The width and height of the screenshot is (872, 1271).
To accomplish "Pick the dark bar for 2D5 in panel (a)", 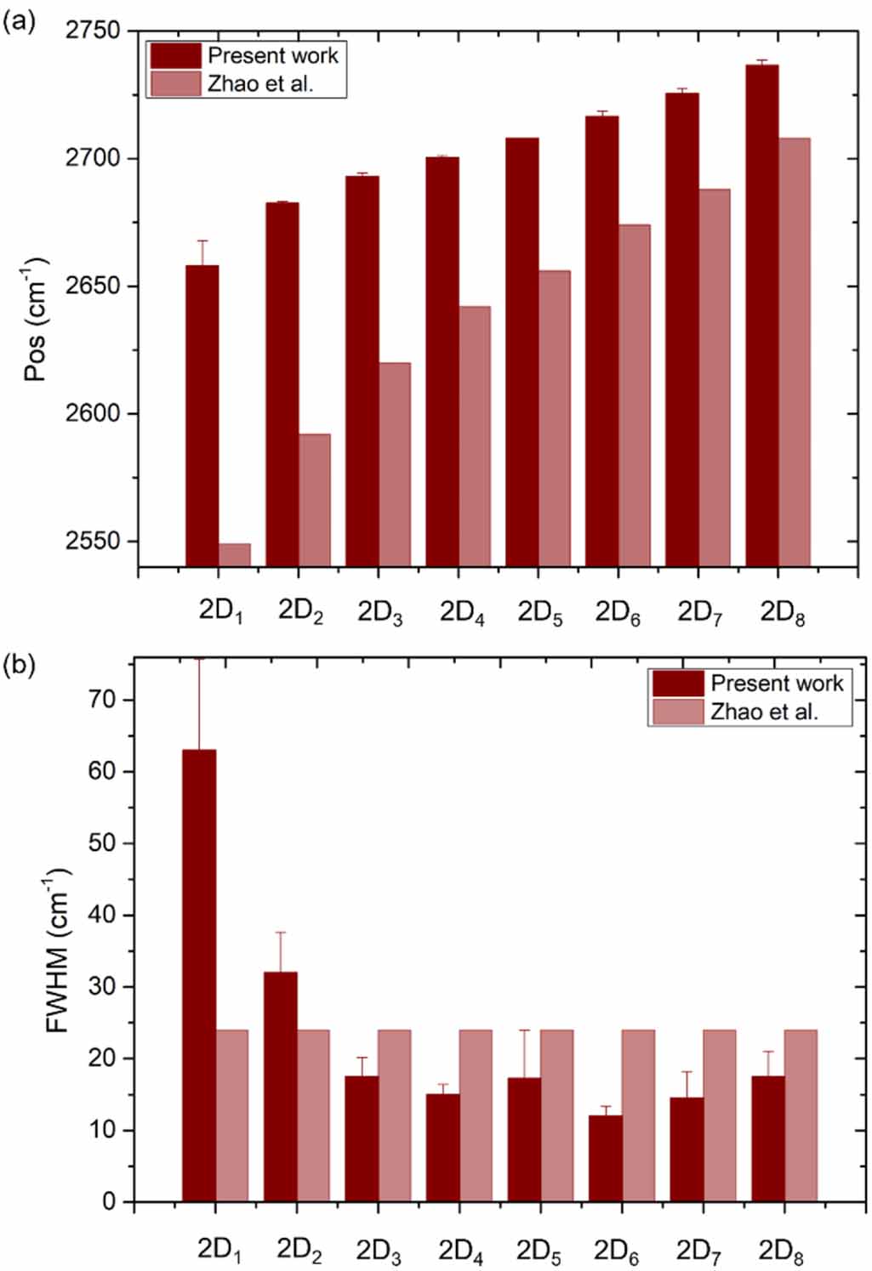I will coord(521,352).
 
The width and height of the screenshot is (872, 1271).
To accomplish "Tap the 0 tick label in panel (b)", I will coord(109,1201).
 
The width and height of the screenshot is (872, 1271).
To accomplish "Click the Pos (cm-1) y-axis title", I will coord(35,319).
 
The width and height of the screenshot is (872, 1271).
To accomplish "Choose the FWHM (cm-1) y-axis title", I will coord(56,950).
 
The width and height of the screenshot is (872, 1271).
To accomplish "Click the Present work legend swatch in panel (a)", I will coord(175,56).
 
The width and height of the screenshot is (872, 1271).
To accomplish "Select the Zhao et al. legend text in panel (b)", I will coord(764,712).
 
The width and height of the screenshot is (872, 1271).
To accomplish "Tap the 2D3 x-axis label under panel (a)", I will coord(380,613).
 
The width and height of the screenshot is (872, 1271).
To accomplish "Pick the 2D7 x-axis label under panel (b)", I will coord(699,1251).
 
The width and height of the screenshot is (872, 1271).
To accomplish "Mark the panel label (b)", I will coord(19,665).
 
